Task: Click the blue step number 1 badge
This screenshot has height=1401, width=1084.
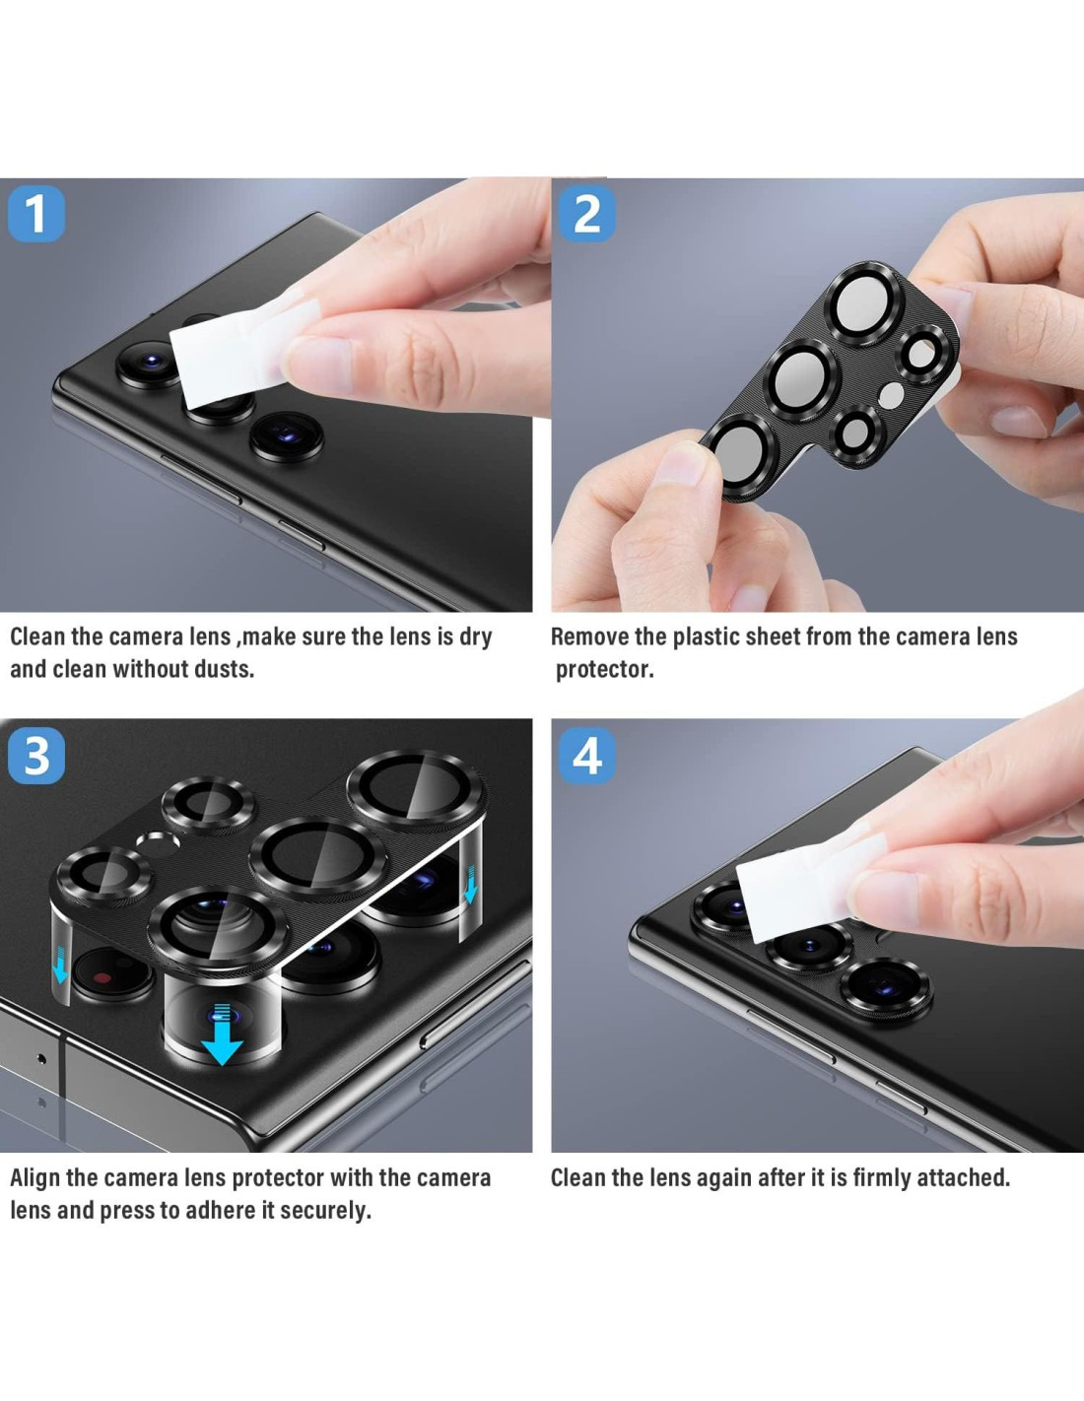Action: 36,214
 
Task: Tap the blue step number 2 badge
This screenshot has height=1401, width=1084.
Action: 586,214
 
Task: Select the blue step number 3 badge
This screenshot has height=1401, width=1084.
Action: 36,757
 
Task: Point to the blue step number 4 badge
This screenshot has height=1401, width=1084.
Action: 586,757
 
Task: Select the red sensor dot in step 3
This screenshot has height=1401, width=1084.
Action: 102,977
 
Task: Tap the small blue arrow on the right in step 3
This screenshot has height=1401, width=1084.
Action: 471,885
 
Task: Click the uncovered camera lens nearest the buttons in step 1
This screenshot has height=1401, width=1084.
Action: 287,437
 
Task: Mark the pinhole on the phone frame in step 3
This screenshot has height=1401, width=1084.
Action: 41,1059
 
